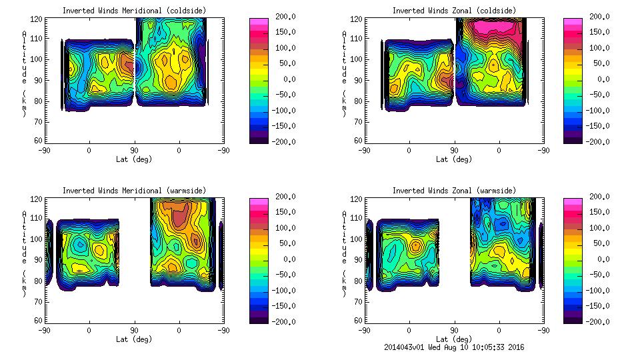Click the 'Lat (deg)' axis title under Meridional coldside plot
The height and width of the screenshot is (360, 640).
click(x=133, y=159)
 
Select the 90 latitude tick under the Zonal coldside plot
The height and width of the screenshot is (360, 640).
click(x=454, y=150)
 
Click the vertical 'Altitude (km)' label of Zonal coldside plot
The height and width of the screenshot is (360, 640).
click(x=345, y=73)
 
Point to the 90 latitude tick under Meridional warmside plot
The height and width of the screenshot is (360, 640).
click(x=133, y=330)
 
